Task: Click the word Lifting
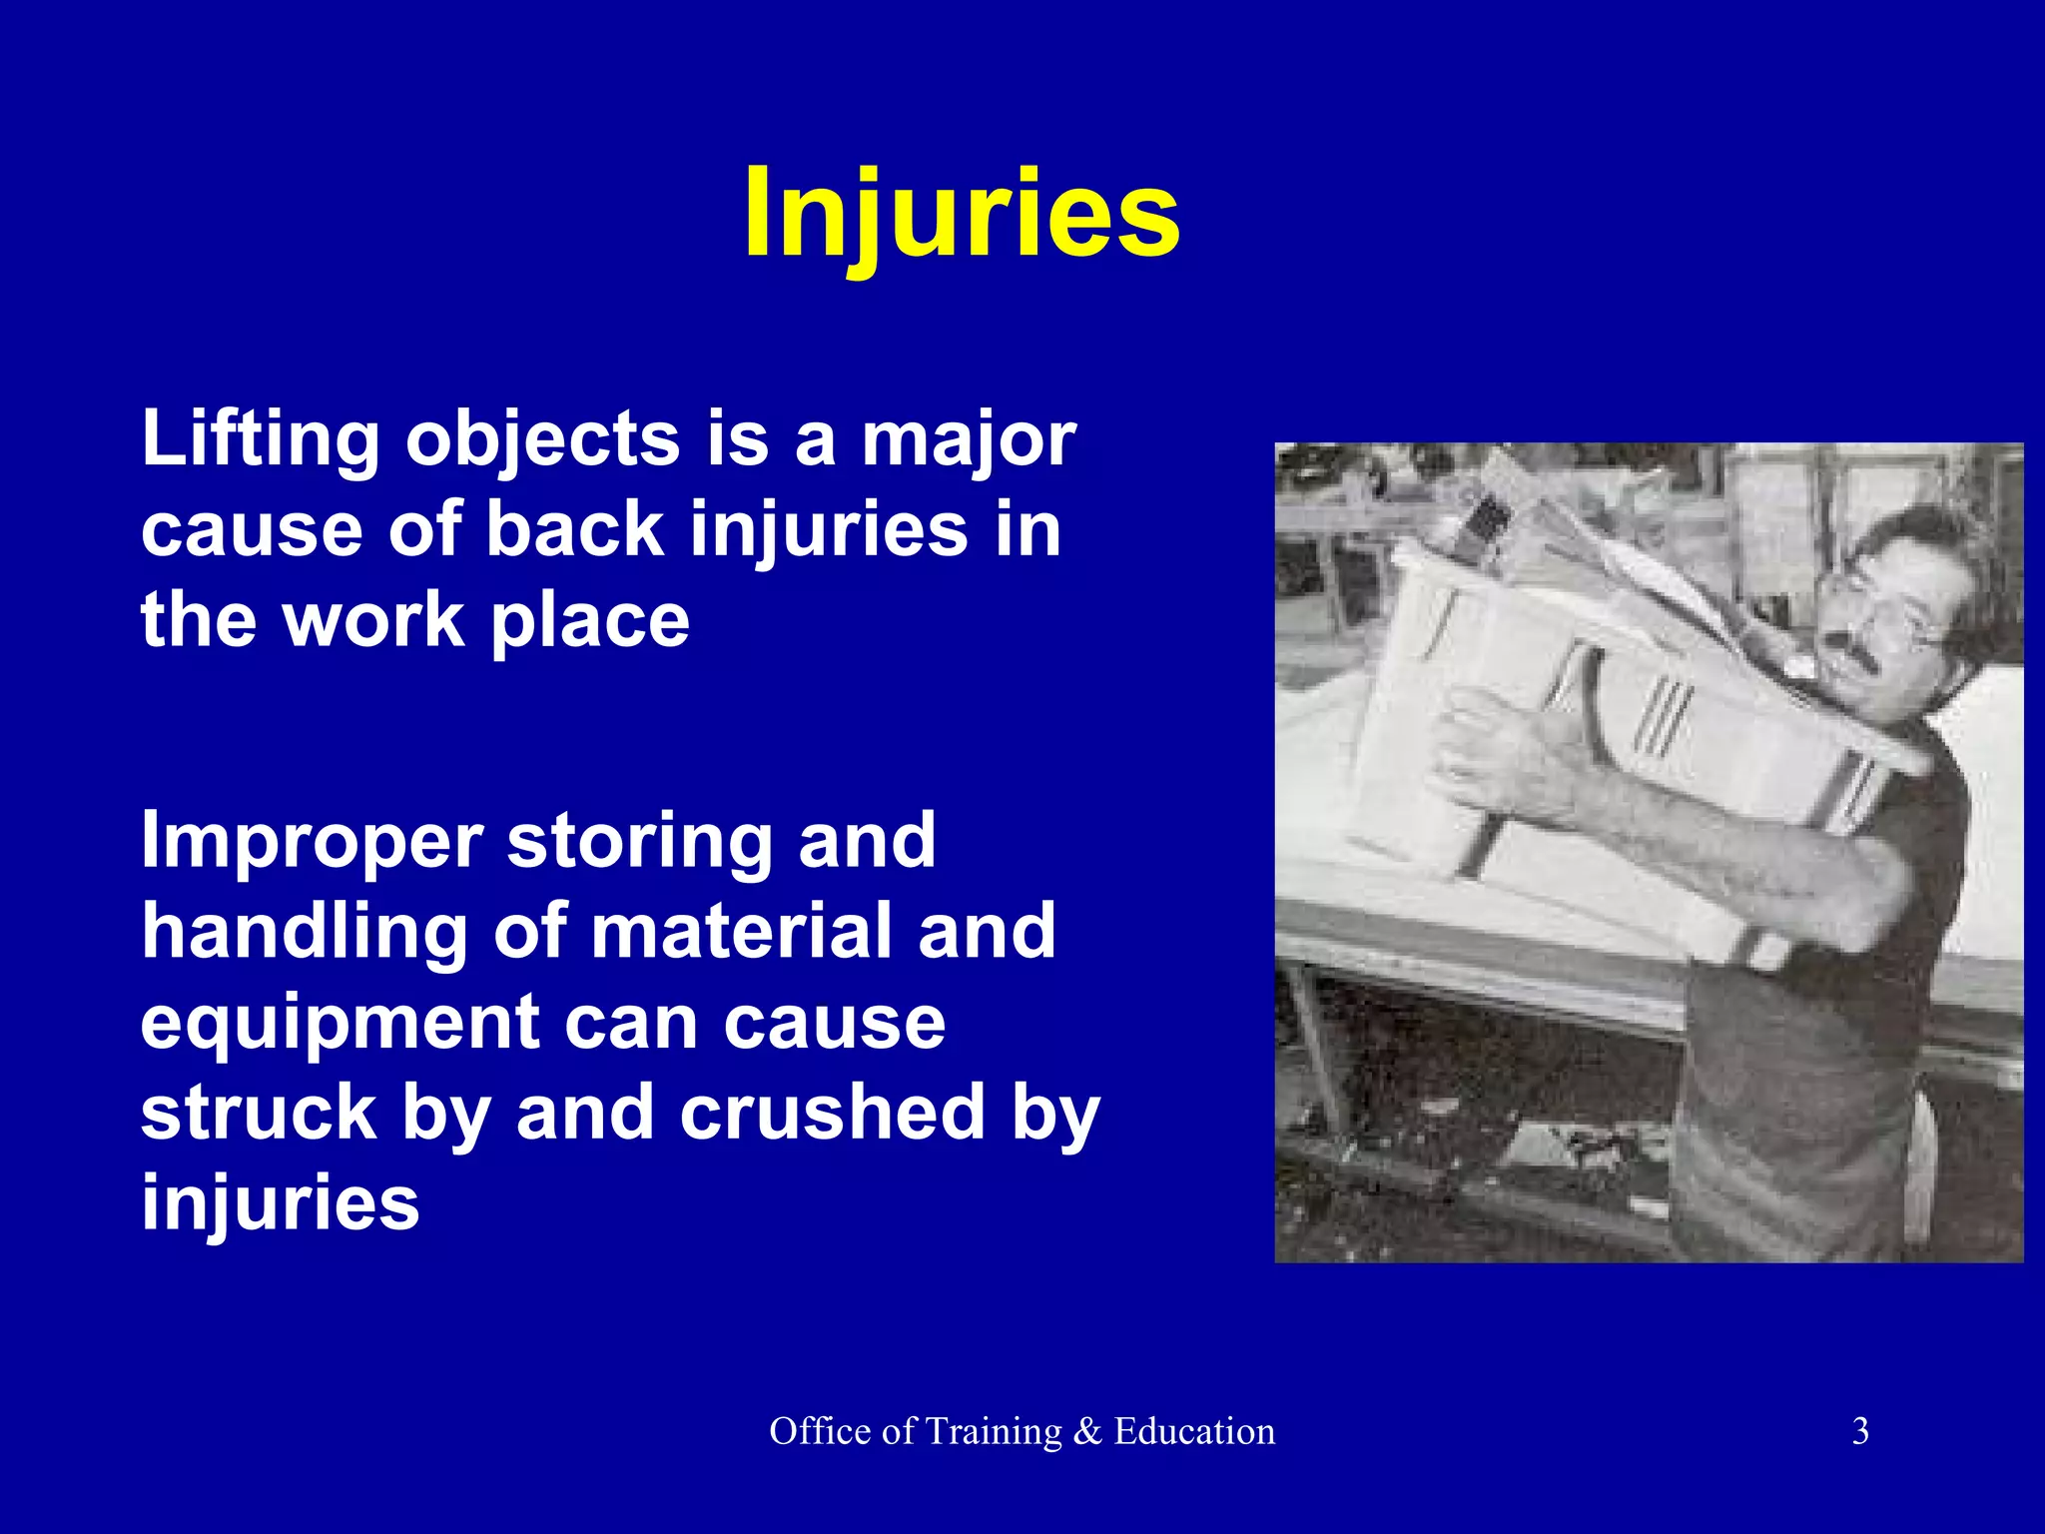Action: click(260, 439)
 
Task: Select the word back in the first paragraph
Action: click(575, 529)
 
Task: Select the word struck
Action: click(258, 1112)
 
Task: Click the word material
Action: click(741, 932)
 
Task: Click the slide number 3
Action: click(1860, 1431)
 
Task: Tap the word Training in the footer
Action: click(992, 1432)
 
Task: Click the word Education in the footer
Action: click(1194, 1431)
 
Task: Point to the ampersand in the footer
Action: click(1087, 1432)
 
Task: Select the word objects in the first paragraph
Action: click(542, 441)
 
